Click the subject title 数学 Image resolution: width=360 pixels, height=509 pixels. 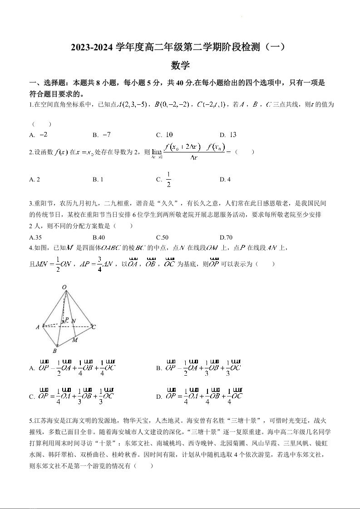coord(180,65)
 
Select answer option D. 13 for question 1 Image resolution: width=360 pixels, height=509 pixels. coord(228,135)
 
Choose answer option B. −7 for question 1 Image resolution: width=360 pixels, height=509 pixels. coord(102,135)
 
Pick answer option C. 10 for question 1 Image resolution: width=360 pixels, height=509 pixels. coord(164,135)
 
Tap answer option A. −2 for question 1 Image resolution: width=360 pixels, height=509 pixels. coord(39,135)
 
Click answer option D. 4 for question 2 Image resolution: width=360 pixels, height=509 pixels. coord(225,179)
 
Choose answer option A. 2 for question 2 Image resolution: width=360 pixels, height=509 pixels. coord(35,179)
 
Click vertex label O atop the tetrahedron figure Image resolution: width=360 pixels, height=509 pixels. coord(64,287)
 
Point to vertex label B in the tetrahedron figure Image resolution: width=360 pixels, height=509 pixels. coord(54,351)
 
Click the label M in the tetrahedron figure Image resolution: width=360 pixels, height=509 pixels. coord(75,340)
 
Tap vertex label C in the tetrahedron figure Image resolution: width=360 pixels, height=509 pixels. coord(94,326)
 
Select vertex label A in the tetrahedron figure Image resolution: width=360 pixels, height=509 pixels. coord(38,327)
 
